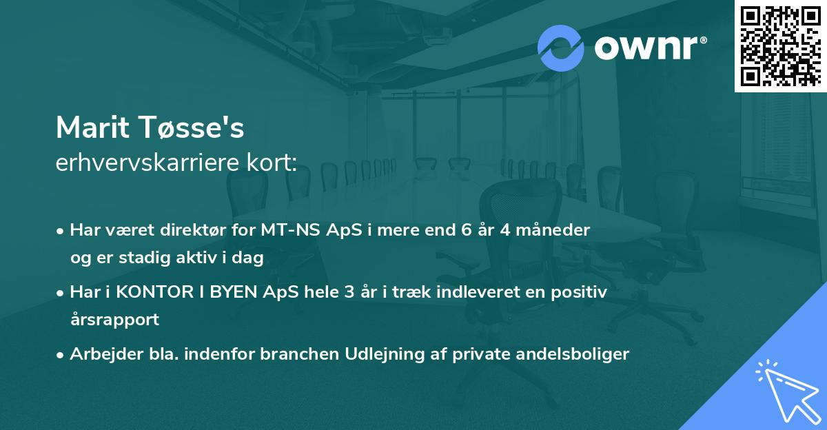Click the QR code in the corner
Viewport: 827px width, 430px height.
(x=780, y=45)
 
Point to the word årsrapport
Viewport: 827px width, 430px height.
(x=114, y=319)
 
